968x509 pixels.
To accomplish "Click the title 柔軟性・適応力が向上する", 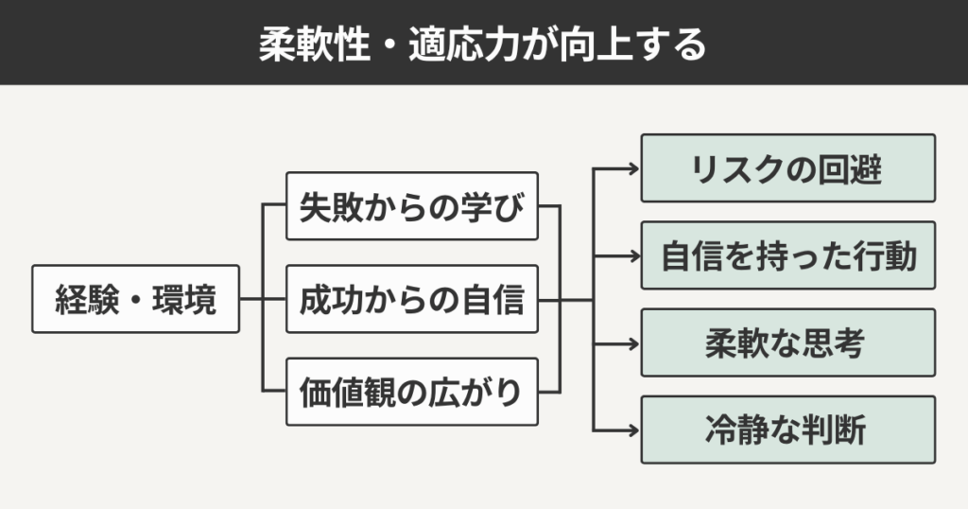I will [483, 44].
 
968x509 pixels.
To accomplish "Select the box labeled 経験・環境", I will [135, 299].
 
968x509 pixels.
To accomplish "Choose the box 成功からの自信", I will [411, 299].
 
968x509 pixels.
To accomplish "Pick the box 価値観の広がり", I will [411, 391].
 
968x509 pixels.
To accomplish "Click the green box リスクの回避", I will [787, 168].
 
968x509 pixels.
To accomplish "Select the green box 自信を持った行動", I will [787, 255].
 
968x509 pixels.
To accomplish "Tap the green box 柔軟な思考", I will [787, 342].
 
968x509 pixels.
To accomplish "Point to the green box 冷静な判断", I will [787, 430].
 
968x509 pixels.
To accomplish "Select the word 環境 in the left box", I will [188, 299].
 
